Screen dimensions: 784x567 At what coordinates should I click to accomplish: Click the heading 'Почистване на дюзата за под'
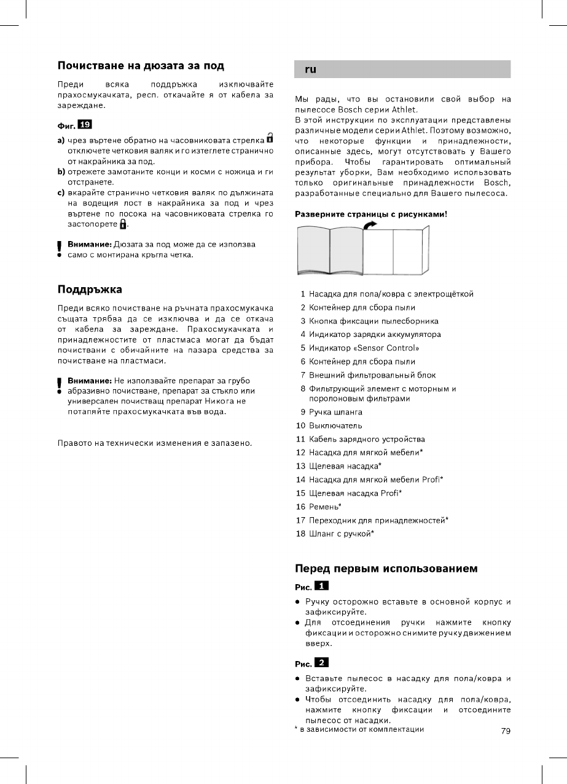pyautogui.click(x=141, y=66)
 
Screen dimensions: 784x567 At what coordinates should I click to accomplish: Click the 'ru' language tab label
pyautogui.click(x=311, y=69)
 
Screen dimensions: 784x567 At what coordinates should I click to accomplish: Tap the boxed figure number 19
pyautogui.click(x=85, y=125)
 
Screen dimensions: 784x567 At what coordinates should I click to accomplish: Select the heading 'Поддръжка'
pyautogui.click(x=90, y=288)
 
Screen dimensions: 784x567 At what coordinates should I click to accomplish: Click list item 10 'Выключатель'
pyautogui.click(x=335, y=426)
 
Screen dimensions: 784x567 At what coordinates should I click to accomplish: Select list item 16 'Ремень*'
pyautogui.click(x=325, y=507)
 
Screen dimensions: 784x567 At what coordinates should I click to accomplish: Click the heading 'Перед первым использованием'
pyautogui.click(x=386, y=569)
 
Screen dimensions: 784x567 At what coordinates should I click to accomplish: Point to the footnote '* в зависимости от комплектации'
pyautogui.click(x=359, y=729)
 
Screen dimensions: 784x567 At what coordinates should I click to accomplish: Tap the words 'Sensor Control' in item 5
pyautogui.click(x=391, y=348)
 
